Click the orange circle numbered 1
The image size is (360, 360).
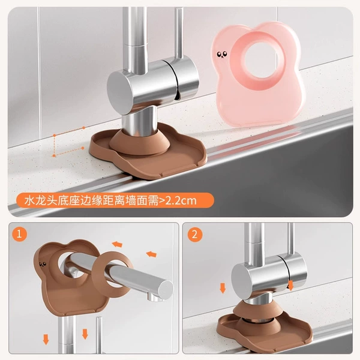point(19,234)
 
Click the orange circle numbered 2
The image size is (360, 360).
point(194,235)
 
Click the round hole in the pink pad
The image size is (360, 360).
point(262,59)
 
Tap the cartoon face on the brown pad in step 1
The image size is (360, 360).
point(43,265)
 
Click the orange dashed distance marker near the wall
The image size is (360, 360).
point(68,142)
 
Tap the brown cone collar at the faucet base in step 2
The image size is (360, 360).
point(257,308)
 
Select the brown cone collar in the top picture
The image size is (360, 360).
point(139,142)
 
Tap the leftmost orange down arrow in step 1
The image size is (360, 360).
point(46,340)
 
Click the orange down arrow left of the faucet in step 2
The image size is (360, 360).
point(223,288)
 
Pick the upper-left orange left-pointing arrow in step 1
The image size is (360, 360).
point(117,244)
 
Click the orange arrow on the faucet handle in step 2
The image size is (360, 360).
point(290,285)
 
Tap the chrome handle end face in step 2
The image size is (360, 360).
point(241,282)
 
